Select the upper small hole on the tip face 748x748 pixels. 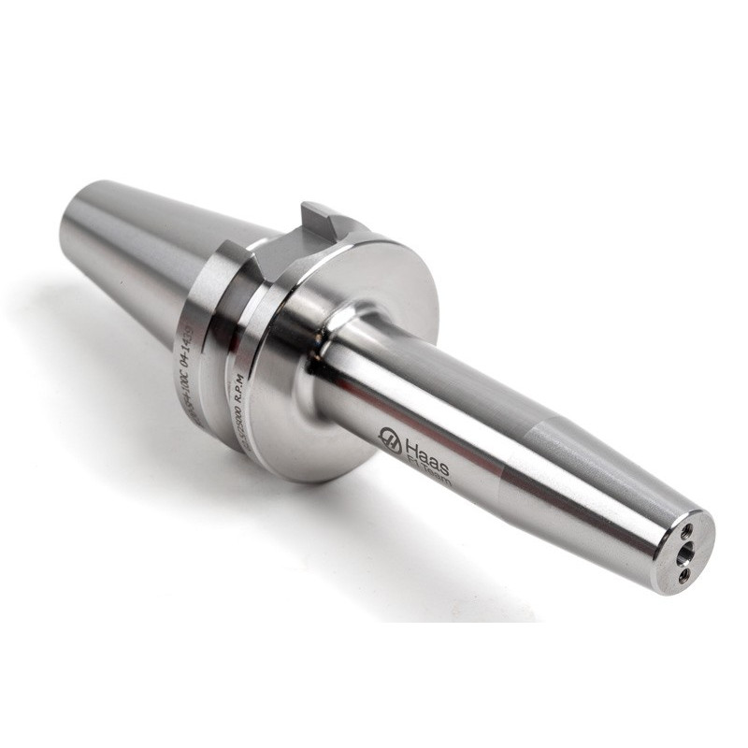pos(687,530)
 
